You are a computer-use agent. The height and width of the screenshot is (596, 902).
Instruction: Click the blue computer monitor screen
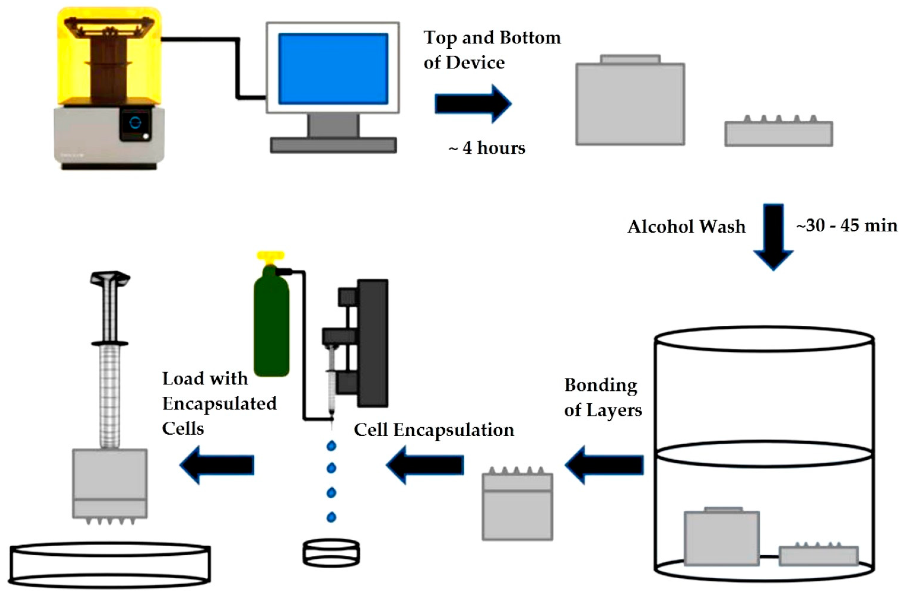tap(333, 69)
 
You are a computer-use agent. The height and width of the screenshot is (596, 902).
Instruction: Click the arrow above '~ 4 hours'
tap(473, 104)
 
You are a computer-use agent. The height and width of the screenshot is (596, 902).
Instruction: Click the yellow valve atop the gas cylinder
tap(271, 256)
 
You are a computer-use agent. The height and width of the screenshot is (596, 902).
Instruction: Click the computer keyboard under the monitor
tap(333, 145)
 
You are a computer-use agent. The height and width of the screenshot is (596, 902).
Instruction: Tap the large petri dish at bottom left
tap(109, 565)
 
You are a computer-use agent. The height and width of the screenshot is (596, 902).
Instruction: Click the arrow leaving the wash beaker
tap(605, 465)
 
